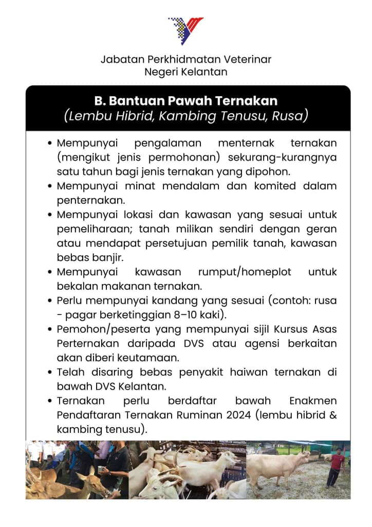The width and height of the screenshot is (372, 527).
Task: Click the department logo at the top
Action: (185, 30)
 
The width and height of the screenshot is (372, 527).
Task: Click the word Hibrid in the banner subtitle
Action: (131, 116)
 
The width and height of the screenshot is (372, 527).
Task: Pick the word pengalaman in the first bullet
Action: (168, 143)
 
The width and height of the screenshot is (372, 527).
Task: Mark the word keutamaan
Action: (166, 357)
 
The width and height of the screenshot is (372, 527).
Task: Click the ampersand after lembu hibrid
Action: (332, 415)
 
